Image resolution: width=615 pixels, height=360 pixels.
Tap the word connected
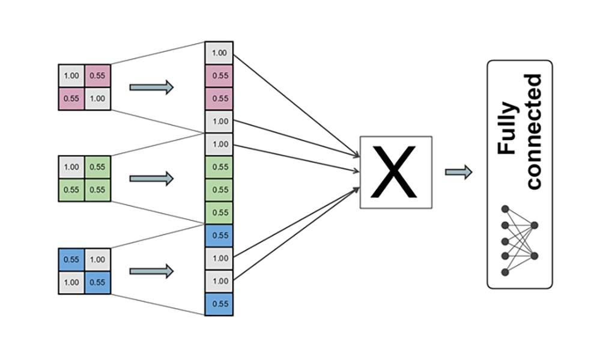click(x=533, y=131)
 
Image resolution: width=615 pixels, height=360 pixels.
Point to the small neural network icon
click(x=520, y=240)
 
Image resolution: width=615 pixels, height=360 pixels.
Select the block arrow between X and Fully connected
click(x=458, y=172)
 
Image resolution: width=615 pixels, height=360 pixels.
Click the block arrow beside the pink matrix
click(x=151, y=87)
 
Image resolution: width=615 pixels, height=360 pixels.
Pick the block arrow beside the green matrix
click(x=151, y=178)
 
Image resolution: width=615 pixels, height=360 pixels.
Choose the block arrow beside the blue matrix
click(x=151, y=271)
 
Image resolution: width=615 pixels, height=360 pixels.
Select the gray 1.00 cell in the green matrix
click(x=71, y=167)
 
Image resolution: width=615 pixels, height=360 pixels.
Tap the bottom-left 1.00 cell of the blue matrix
click(x=71, y=282)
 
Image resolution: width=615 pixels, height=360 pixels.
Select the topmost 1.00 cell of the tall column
click(x=219, y=53)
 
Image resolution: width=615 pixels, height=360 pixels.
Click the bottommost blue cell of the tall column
click(x=219, y=304)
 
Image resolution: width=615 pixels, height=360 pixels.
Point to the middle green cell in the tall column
click(x=219, y=190)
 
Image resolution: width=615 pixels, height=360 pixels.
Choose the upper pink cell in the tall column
click(x=219, y=76)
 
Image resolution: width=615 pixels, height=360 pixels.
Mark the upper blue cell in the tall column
click(x=219, y=236)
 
